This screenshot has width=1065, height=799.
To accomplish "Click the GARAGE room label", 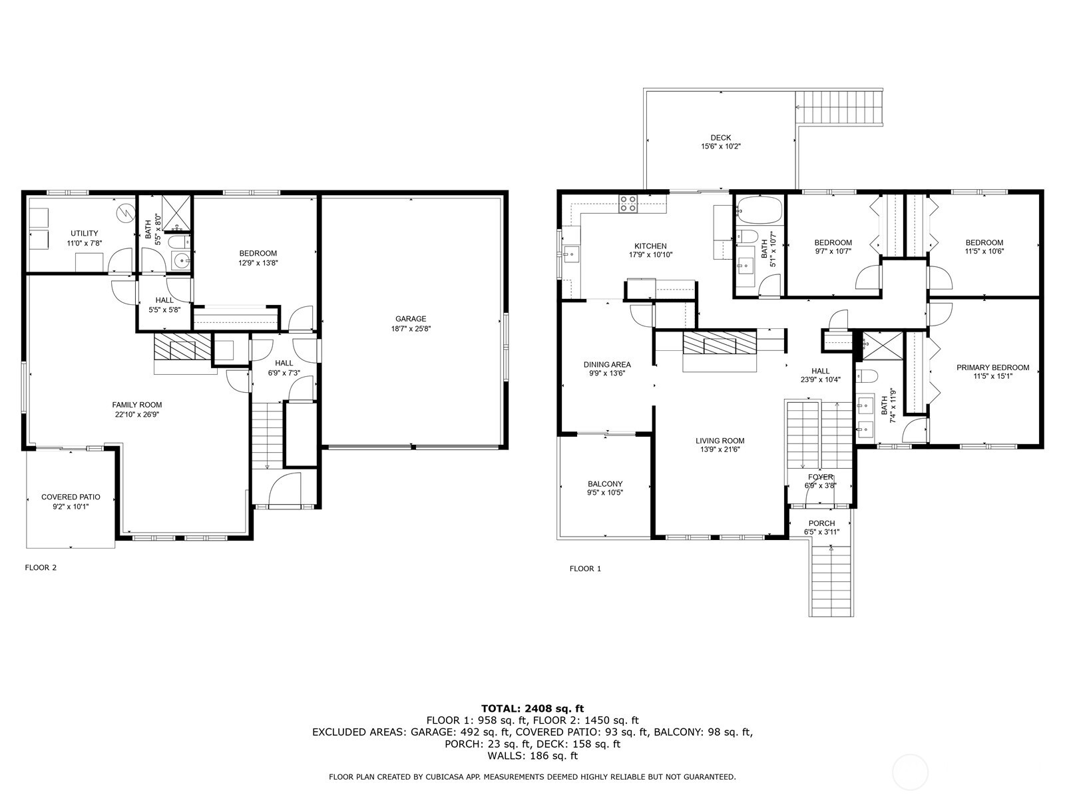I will click(411, 319).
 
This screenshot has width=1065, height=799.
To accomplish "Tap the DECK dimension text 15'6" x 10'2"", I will click(720, 146).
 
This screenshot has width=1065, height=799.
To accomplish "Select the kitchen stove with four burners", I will click(628, 203).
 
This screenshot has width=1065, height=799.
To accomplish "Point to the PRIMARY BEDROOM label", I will click(992, 368).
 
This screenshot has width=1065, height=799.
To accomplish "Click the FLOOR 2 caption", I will click(41, 568).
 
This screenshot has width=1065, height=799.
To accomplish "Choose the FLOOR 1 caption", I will click(585, 569).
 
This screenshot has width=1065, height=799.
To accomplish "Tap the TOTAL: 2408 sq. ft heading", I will click(532, 708).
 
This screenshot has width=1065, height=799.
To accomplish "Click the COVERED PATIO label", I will click(71, 497).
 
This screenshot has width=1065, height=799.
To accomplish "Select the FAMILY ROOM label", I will click(136, 405).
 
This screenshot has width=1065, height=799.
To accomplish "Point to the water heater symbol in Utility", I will click(124, 212).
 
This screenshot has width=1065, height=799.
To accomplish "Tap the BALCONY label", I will click(605, 484).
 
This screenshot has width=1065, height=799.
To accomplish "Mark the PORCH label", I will click(821, 523).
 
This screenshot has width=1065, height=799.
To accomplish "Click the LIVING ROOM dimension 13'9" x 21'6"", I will click(720, 449).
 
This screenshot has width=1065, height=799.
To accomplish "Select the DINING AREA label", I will click(607, 364).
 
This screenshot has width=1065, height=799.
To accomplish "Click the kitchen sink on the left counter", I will click(570, 254).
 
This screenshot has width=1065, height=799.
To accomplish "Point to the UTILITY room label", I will click(85, 233).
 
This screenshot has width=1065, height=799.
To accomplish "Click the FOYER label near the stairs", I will click(820, 477).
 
